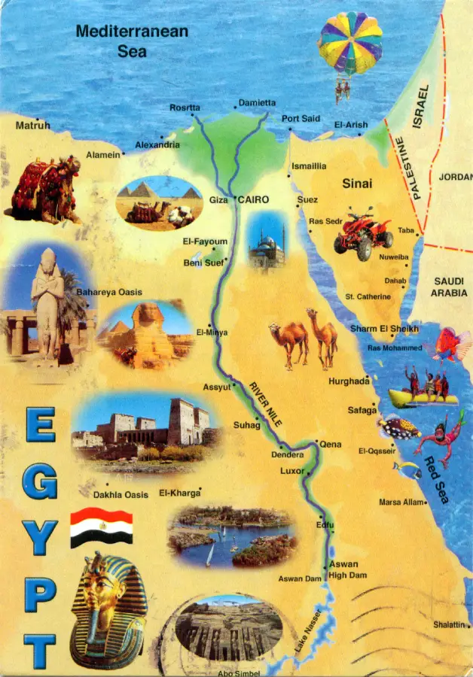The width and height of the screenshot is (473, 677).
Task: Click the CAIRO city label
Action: (x=253, y=199)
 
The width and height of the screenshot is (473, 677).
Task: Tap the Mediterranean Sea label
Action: (x=132, y=41)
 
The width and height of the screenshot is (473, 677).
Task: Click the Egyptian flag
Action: (x=101, y=527)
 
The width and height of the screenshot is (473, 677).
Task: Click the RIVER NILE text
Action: (x=266, y=405)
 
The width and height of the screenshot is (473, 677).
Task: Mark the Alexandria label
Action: (x=157, y=144)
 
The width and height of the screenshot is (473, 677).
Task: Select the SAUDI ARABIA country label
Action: (x=449, y=287)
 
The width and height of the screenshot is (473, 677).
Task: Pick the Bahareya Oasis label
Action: (x=108, y=292)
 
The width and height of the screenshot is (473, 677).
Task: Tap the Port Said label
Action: (x=301, y=119)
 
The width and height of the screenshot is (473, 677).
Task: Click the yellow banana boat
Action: (x=423, y=396)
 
